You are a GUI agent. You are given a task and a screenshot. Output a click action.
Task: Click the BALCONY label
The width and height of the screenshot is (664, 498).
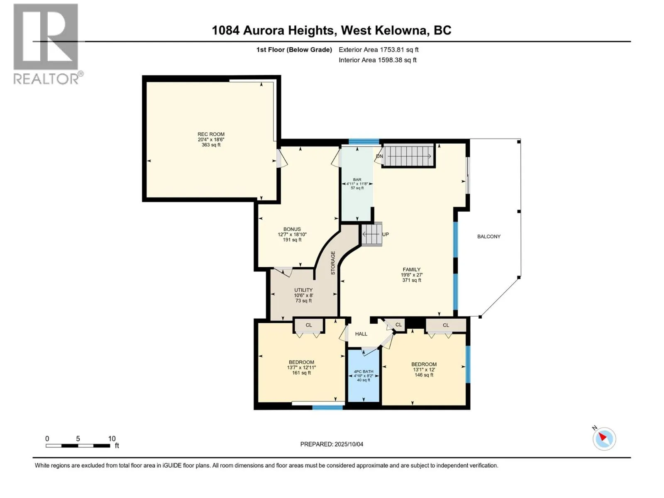tap(489, 237)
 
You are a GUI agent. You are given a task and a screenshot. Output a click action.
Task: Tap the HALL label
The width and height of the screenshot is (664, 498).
tap(361, 334)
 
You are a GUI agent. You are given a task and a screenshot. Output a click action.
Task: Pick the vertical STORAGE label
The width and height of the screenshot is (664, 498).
tap(333, 263)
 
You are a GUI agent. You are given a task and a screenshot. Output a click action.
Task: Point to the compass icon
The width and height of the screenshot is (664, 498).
tap(604, 439)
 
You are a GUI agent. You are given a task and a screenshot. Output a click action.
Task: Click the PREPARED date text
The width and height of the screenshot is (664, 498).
tap(332, 444)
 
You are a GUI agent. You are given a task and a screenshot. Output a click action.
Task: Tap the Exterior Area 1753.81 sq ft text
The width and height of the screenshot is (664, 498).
tap(378, 49)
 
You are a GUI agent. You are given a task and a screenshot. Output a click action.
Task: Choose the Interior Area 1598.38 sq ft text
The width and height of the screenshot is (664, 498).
tap(378, 60)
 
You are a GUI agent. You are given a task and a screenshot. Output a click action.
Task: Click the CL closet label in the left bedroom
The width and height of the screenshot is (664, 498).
tap(309, 325)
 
